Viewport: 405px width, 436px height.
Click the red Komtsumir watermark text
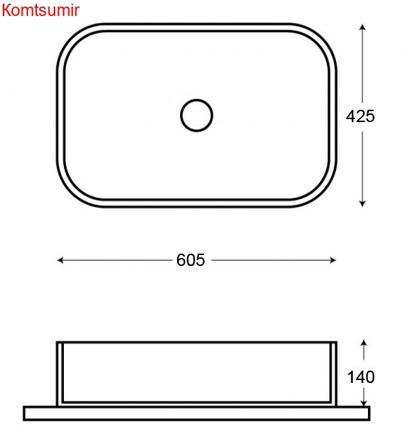tap(41, 9)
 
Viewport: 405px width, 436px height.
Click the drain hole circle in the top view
tap(196, 115)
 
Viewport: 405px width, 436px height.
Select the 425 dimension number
tap(360, 116)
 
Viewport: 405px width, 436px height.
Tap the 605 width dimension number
tap(191, 260)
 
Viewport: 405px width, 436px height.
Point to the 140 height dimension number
tap(361, 377)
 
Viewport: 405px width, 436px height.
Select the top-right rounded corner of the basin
tap(323, 37)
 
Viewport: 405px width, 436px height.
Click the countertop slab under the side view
tap(196, 413)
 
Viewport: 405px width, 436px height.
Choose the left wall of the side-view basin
tap(60, 372)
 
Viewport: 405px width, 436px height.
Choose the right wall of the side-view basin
tap(333, 372)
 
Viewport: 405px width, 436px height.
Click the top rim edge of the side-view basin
tap(196, 342)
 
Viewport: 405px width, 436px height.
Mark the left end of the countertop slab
tap(26, 413)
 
